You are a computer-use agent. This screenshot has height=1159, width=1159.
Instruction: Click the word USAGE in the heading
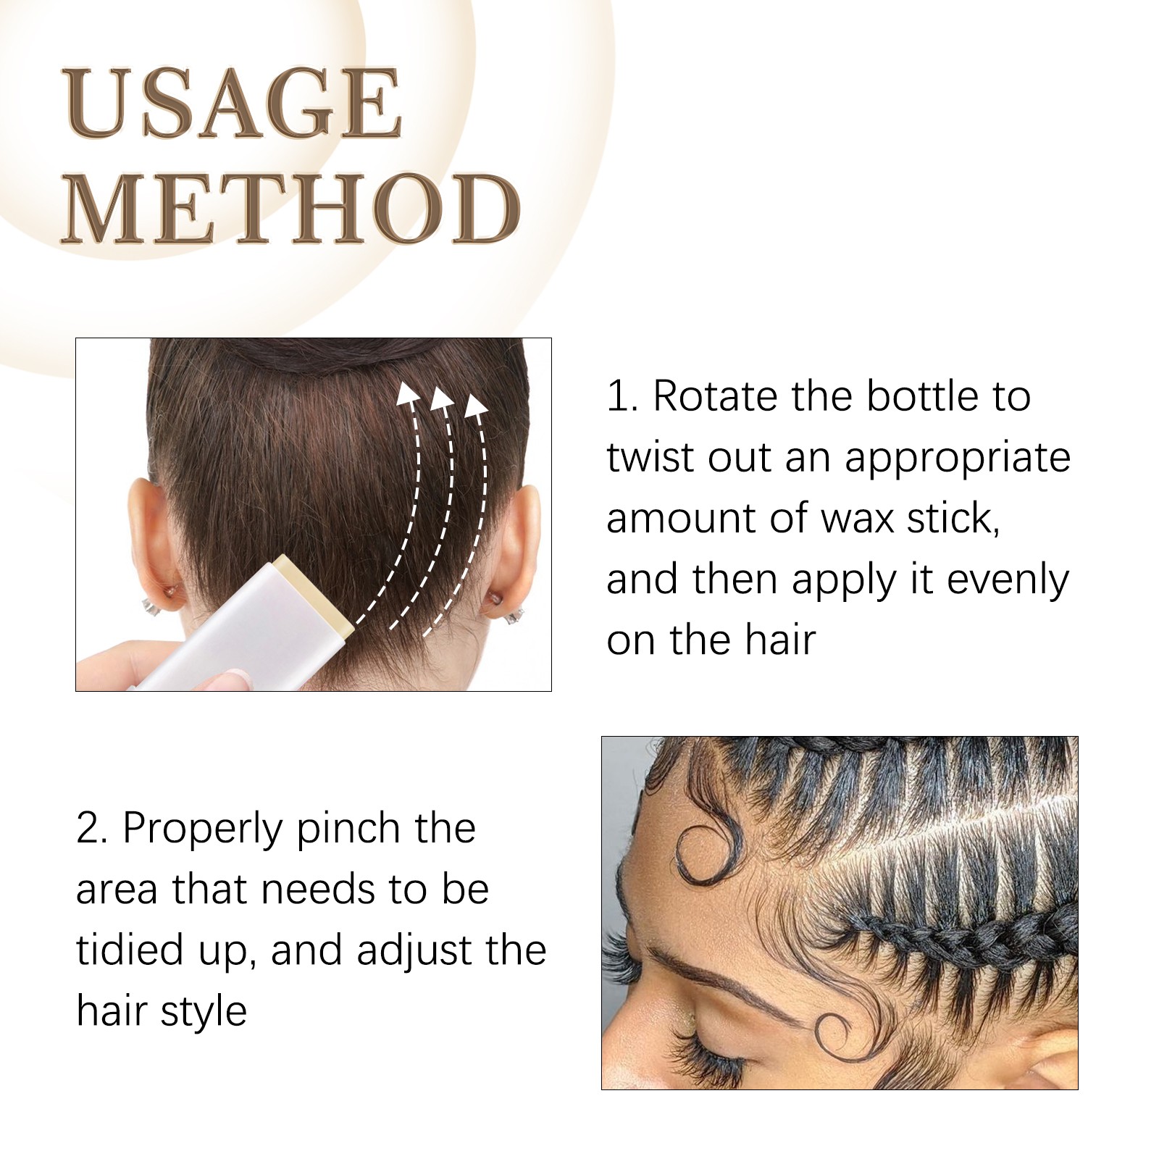[x=233, y=104]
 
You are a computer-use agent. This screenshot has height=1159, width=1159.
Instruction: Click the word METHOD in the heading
[x=291, y=209]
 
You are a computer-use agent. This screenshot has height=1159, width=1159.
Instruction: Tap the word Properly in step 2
[x=202, y=830]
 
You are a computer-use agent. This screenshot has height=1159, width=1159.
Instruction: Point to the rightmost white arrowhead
[x=476, y=406]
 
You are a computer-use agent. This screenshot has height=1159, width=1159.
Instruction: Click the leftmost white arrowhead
[x=408, y=394]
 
